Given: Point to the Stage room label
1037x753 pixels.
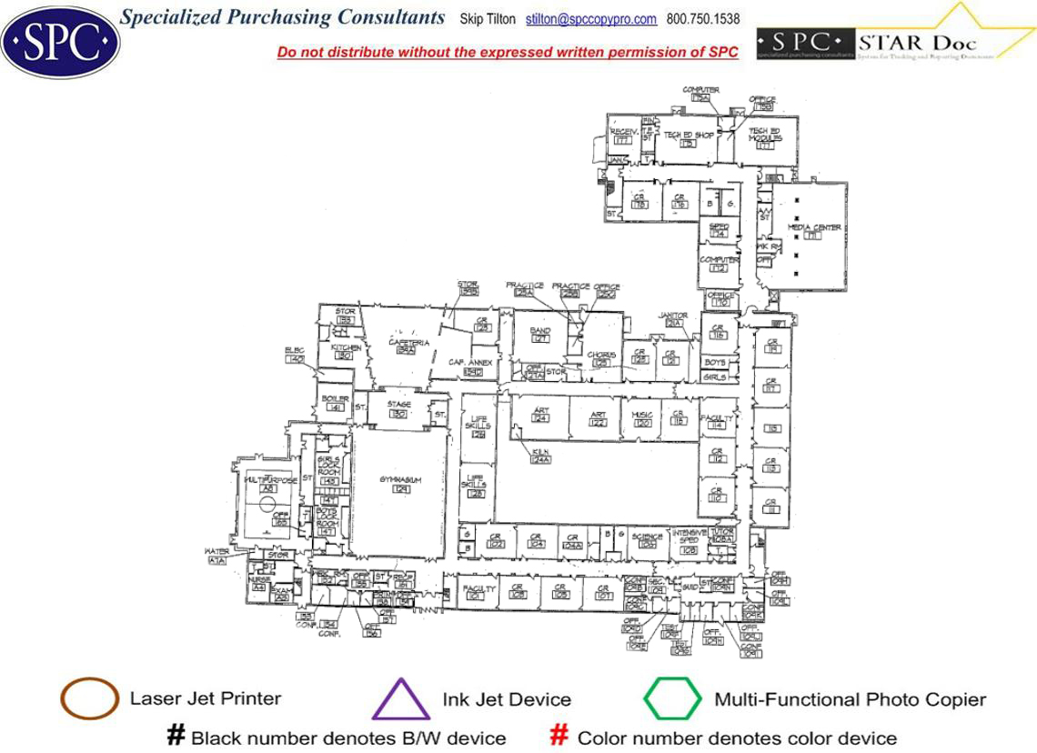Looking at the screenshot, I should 398,405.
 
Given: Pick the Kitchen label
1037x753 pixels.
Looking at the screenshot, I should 346,347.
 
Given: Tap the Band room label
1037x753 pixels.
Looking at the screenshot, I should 540,331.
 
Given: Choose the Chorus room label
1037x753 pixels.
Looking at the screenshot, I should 600,355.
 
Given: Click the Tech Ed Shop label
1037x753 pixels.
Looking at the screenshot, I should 688,135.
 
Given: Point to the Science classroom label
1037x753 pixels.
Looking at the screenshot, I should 648,537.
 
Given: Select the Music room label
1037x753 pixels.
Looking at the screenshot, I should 642,416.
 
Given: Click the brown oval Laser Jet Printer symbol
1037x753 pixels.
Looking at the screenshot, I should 89,699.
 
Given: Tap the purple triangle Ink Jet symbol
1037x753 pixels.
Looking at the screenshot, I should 400,701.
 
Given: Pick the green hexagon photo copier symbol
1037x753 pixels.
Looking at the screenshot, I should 672,699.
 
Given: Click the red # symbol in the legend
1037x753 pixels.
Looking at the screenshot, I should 560,736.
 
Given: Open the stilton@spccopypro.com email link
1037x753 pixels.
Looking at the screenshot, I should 591,19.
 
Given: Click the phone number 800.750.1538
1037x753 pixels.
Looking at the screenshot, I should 703,19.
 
